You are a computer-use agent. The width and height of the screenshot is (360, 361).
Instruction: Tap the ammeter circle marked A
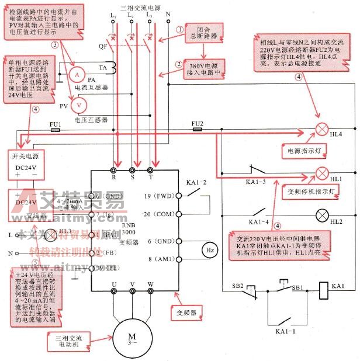point(75,75)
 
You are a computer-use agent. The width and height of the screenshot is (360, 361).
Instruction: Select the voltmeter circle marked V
point(82,103)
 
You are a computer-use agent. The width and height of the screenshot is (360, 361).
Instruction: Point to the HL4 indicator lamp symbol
point(321,130)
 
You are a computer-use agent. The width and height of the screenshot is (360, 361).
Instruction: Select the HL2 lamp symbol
point(321,214)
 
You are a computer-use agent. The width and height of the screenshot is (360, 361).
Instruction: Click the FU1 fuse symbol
point(56,130)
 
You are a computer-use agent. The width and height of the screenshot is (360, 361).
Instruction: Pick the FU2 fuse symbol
point(198,130)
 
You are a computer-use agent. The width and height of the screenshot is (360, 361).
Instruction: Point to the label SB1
point(299,289)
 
